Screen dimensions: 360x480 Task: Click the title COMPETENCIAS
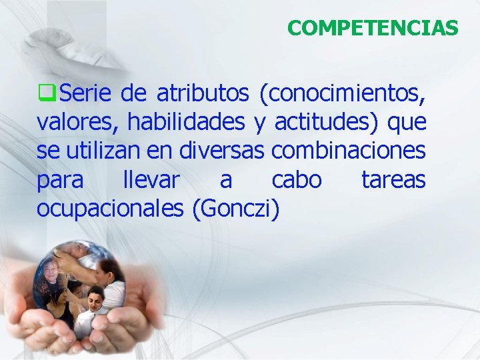373,28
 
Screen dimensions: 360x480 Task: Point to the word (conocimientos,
343,94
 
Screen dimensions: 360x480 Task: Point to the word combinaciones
348,151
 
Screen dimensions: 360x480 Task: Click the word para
60,180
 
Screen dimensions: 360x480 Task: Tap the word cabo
297,180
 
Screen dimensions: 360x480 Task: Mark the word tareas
393,180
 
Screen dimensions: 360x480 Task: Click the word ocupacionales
110,209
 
